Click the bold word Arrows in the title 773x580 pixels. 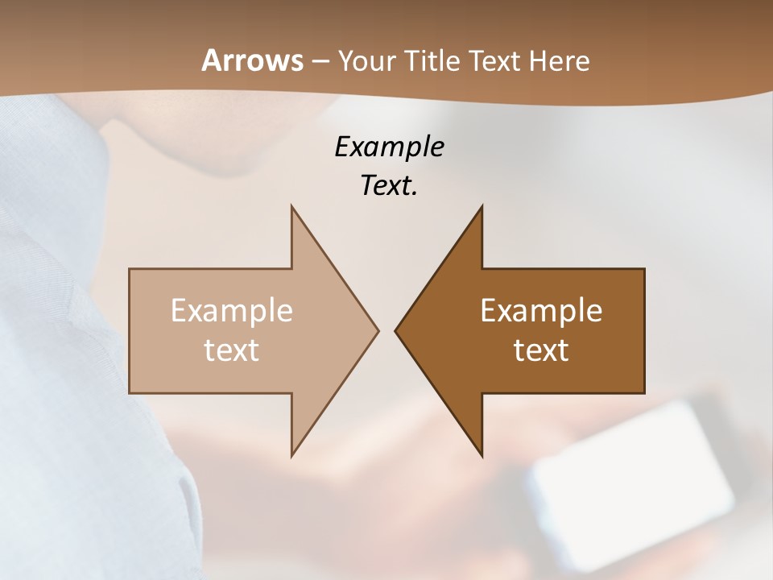point(251,60)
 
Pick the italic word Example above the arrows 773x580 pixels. point(389,147)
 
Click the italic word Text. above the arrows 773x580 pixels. point(389,185)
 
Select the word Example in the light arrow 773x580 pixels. point(232,311)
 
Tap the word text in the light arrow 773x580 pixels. point(232,350)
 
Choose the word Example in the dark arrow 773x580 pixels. point(541,311)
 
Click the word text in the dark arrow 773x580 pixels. point(541,350)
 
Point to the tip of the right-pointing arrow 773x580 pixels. point(377,330)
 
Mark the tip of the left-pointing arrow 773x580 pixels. point(397,330)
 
